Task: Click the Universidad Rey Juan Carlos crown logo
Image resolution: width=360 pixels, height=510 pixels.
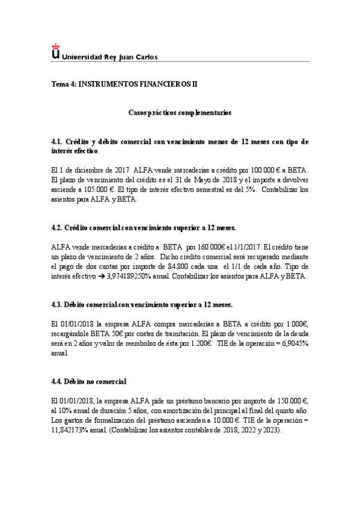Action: [x=56, y=52]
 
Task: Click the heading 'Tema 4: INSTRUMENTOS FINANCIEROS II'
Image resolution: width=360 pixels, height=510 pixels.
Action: [x=124, y=85]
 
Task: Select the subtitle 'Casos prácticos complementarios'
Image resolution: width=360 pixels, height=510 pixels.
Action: [x=180, y=112]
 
